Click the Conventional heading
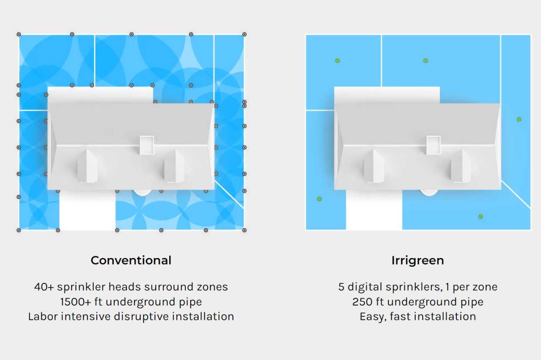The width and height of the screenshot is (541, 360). pos(131,261)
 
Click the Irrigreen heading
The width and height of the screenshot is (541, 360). pos(418,261)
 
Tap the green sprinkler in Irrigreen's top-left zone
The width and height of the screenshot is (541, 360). pos(337,61)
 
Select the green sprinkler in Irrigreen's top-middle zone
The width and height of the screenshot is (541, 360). pos(425,61)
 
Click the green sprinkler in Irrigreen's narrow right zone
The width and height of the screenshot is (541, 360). pos(519,119)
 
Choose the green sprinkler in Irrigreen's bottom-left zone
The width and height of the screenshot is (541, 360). pos(319,199)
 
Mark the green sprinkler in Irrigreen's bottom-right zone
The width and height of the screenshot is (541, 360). pos(480,216)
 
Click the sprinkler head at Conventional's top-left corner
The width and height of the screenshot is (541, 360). pos(19,34)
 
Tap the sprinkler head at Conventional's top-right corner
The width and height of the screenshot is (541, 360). pos(244,34)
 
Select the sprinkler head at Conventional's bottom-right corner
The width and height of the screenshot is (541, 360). pos(244,230)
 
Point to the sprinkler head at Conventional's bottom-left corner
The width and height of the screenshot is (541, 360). pos(19,230)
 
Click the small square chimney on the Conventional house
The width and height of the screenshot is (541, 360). pos(147,145)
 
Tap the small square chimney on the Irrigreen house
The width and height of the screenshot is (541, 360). pos(433,145)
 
